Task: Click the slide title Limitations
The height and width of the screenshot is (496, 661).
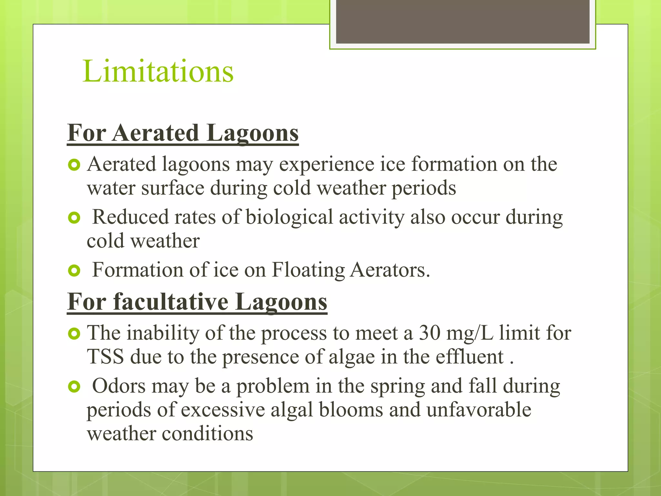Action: (158, 71)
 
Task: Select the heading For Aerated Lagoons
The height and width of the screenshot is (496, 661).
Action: (183, 133)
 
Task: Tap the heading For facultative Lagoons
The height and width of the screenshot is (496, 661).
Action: (197, 302)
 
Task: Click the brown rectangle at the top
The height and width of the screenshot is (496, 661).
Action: (463, 22)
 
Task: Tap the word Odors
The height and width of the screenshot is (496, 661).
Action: (119, 386)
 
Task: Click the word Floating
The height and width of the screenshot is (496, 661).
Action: (308, 270)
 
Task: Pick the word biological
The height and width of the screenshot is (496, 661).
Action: (289, 217)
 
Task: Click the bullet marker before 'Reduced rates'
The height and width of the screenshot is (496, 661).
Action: (74, 218)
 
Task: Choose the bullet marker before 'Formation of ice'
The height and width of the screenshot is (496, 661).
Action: (74, 271)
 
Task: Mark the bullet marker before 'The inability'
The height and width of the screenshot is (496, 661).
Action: (74, 334)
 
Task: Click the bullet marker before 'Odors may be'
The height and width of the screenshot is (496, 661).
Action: (74, 387)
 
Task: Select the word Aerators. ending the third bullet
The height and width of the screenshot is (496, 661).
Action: (390, 270)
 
